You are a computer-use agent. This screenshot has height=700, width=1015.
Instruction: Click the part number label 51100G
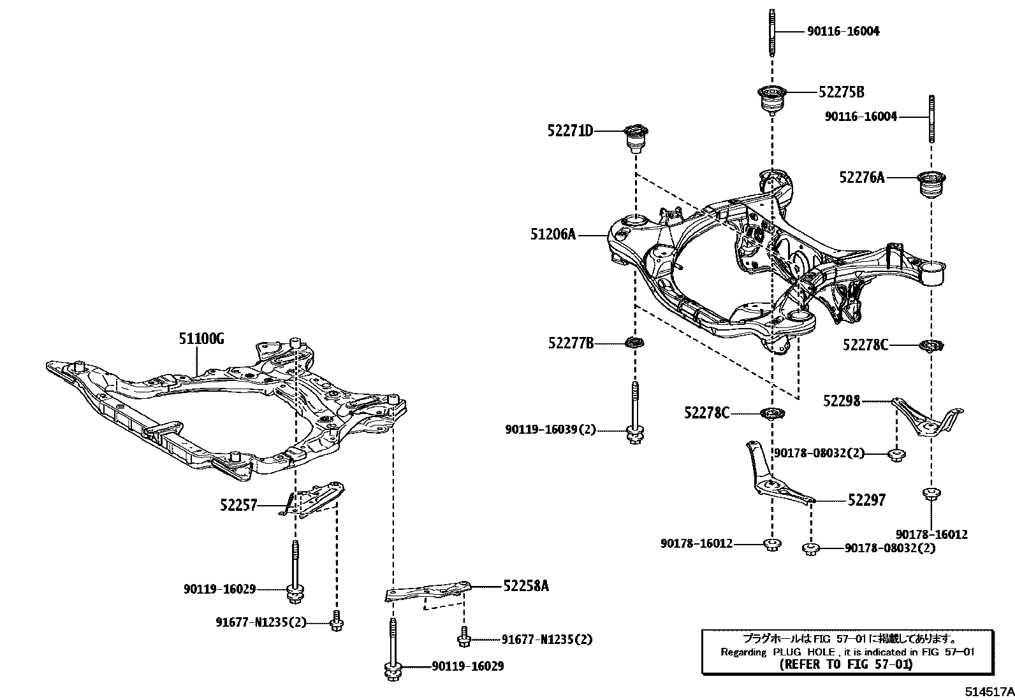(201, 338)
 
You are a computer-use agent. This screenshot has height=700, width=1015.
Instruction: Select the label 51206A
(553, 234)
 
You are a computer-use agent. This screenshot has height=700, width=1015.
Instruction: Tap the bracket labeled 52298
(928, 417)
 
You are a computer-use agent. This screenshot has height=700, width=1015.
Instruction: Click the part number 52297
(866, 501)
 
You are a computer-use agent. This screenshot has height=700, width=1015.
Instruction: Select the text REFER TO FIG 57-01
(846, 664)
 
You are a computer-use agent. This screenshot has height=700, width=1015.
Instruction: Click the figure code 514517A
(988, 691)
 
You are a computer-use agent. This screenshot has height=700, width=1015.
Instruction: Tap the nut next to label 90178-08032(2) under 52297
(810, 548)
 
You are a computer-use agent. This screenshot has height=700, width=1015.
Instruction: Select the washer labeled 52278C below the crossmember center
(772, 413)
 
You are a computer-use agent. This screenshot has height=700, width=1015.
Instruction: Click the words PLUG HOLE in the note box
(804, 652)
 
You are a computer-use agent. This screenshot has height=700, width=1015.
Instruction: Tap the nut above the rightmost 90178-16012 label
(931, 494)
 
